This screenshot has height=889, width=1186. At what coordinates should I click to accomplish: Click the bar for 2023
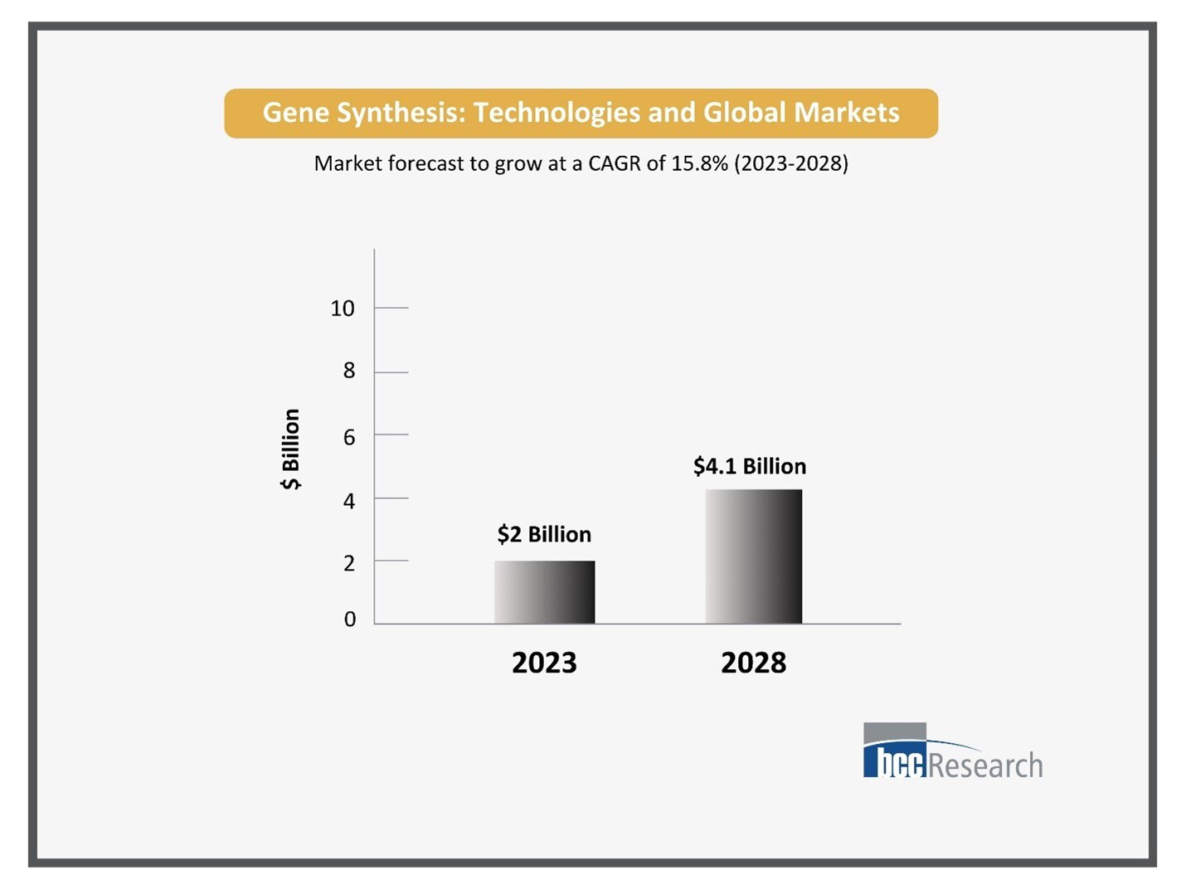click(544, 592)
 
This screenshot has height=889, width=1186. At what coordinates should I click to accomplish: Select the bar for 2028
click(753, 556)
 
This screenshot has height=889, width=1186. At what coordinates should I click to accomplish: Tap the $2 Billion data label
click(544, 534)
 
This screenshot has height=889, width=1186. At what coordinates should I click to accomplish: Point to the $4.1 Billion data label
click(750, 466)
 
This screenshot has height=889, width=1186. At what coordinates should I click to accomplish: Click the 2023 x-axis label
click(544, 663)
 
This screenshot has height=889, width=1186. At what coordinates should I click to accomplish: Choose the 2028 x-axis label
click(753, 663)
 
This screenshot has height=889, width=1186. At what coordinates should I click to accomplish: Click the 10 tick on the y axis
click(343, 308)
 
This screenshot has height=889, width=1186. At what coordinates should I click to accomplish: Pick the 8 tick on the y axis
click(349, 371)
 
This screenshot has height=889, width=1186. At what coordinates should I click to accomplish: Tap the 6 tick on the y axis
click(349, 437)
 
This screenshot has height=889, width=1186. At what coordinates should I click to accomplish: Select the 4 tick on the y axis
click(349, 501)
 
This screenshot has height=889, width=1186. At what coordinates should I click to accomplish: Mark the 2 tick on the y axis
click(349, 563)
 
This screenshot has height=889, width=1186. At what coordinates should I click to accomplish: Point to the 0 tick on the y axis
click(349, 619)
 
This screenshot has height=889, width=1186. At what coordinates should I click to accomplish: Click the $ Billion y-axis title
click(291, 449)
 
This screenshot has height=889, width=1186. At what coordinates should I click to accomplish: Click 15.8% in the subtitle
click(699, 163)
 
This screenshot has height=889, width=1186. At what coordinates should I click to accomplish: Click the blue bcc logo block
click(894, 761)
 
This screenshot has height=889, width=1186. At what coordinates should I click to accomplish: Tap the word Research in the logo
click(985, 765)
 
